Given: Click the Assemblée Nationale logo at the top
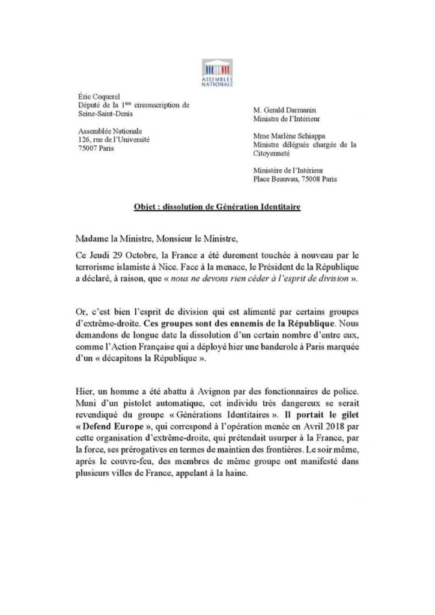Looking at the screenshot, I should pos(217,72).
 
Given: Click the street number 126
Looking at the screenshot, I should pos(85,139).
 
